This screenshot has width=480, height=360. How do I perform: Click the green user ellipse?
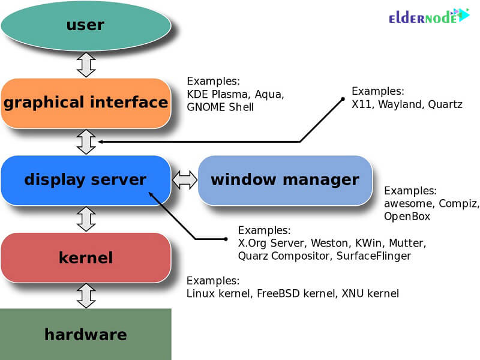[x=85, y=25]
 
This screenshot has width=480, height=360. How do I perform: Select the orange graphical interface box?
[x=86, y=103]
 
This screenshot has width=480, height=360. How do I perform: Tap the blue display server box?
[x=85, y=179]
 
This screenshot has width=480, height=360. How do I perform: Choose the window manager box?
[x=285, y=179]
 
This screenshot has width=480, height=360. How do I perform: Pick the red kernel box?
[x=86, y=258]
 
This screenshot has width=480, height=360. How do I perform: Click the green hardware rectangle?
[x=85, y=334]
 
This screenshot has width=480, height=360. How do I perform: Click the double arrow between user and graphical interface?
[x=86, y=65]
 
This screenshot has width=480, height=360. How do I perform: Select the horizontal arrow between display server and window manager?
[x=185, y=179]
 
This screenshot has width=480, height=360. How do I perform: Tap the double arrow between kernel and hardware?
[x=86, y=296]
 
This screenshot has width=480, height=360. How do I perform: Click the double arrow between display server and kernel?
[x=86, y=218]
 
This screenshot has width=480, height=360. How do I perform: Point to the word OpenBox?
[x=407, y=217]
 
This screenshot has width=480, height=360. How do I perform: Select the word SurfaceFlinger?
[x=375, y=256]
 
